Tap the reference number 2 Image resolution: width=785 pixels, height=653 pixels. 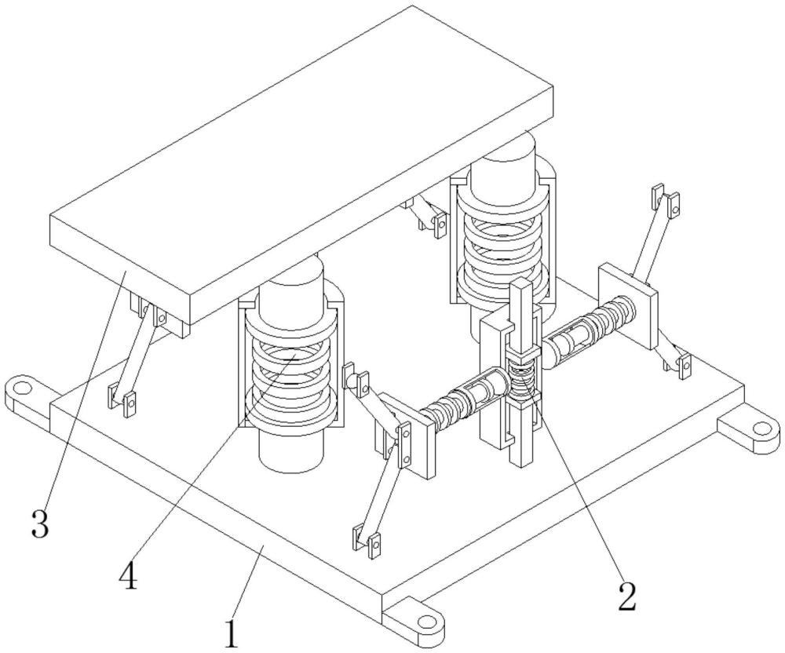click(626, 596)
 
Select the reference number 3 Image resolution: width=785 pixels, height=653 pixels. click(41, 523)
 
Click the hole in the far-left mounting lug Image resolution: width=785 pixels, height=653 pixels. click(21, 387)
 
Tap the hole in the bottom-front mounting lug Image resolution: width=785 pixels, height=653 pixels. click(426, 621)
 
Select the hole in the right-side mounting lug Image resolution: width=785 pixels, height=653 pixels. click(762, 429)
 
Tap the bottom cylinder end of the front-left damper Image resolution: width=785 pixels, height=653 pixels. click(291, 451)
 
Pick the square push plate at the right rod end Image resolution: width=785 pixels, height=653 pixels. click(627, 305)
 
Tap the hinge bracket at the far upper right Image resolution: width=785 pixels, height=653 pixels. click(666, 200)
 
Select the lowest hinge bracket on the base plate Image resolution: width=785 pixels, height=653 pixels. click(367, 541)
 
